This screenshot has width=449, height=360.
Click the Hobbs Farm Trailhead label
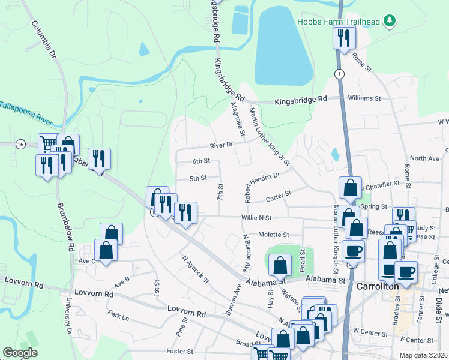click(x=339, y=22)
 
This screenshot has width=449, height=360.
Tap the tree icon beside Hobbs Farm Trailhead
click(x=390, y=22)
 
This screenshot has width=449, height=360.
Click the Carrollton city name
click(x=378, y=286)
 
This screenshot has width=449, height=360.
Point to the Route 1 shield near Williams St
click(x=340, y=74)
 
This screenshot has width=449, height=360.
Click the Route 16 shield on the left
click(x=21, y=145)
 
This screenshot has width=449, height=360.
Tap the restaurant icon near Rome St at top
click(x=344, y=38)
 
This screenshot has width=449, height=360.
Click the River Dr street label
click(x=220, y=145)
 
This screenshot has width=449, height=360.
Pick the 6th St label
click(x=201, y=161)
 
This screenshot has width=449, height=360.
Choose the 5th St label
click(x=198, y=178)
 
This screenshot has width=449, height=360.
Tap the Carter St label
click(x=279, y=193)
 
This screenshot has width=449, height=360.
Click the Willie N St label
click(x=257, y=217)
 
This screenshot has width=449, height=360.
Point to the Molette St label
click(x=274, y=235)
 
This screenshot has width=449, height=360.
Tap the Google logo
click(x=20, y=353)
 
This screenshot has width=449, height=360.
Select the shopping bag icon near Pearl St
click(x=280, y=265)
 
